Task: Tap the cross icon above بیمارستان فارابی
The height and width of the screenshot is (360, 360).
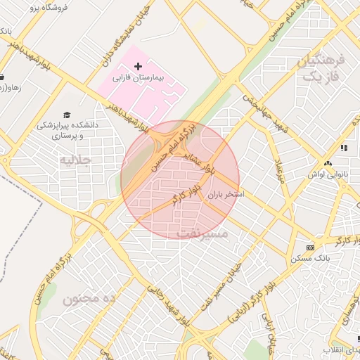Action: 138,65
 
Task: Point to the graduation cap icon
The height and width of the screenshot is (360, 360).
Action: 67,115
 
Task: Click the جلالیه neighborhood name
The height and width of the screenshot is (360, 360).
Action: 75,160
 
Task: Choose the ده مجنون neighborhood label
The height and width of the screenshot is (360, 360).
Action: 89,299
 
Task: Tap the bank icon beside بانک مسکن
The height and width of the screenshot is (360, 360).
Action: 310,247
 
